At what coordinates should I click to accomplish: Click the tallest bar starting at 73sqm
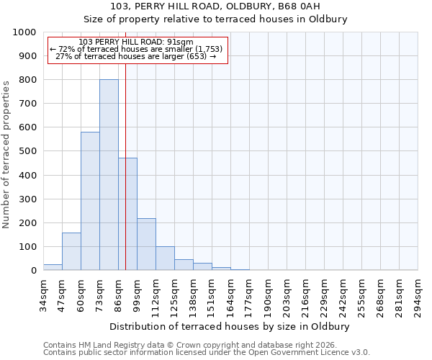pos(109,175)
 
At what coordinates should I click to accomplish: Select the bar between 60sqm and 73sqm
pos(90,201)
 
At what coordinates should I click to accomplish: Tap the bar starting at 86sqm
pos(127,214)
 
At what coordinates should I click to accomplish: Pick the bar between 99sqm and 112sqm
pos(146,244)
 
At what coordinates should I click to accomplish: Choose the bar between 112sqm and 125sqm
pos(165,258)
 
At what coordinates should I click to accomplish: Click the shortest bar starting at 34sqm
pos(53,267)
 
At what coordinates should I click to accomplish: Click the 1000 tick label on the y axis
pos(24,32)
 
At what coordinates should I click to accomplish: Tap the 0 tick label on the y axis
pos(33,271)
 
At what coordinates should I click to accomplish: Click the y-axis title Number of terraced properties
pos(6,154)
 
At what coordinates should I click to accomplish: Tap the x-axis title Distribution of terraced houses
pos(230,327)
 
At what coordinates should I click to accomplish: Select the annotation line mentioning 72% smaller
pos(137,49)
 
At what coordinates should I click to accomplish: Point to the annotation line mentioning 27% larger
pos(135,56)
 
